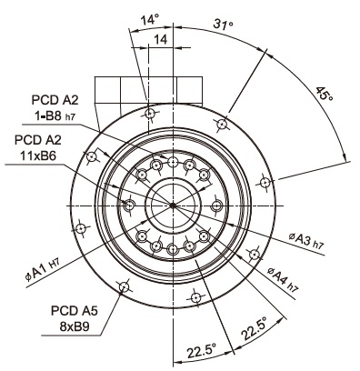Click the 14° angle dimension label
pos(149,20)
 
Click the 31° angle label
pos(223,25)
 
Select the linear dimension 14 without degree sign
pos(161,39)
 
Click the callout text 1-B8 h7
pos(55,115)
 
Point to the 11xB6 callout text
pos(38,155)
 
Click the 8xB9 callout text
pos(75,326)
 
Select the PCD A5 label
pos(75,311)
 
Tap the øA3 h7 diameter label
pos(306,241)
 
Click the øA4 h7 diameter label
pos(284,279)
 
